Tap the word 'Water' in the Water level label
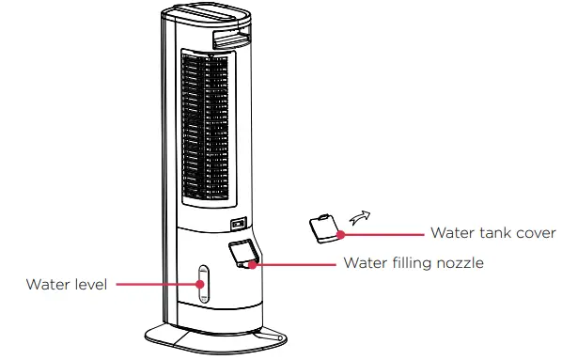46,284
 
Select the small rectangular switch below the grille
240,224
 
